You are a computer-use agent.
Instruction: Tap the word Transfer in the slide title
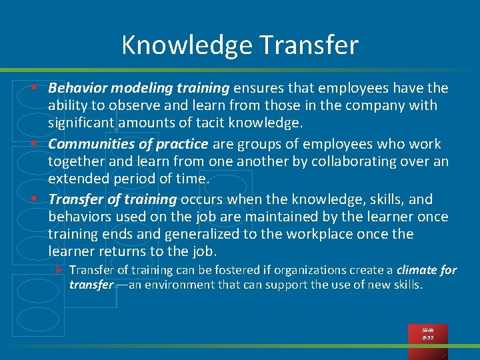click(310, 45)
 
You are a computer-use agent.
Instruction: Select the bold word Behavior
click(78, 88)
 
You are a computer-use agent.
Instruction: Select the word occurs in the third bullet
click(203, 199)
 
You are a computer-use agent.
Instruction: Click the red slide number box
click(428, 334)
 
